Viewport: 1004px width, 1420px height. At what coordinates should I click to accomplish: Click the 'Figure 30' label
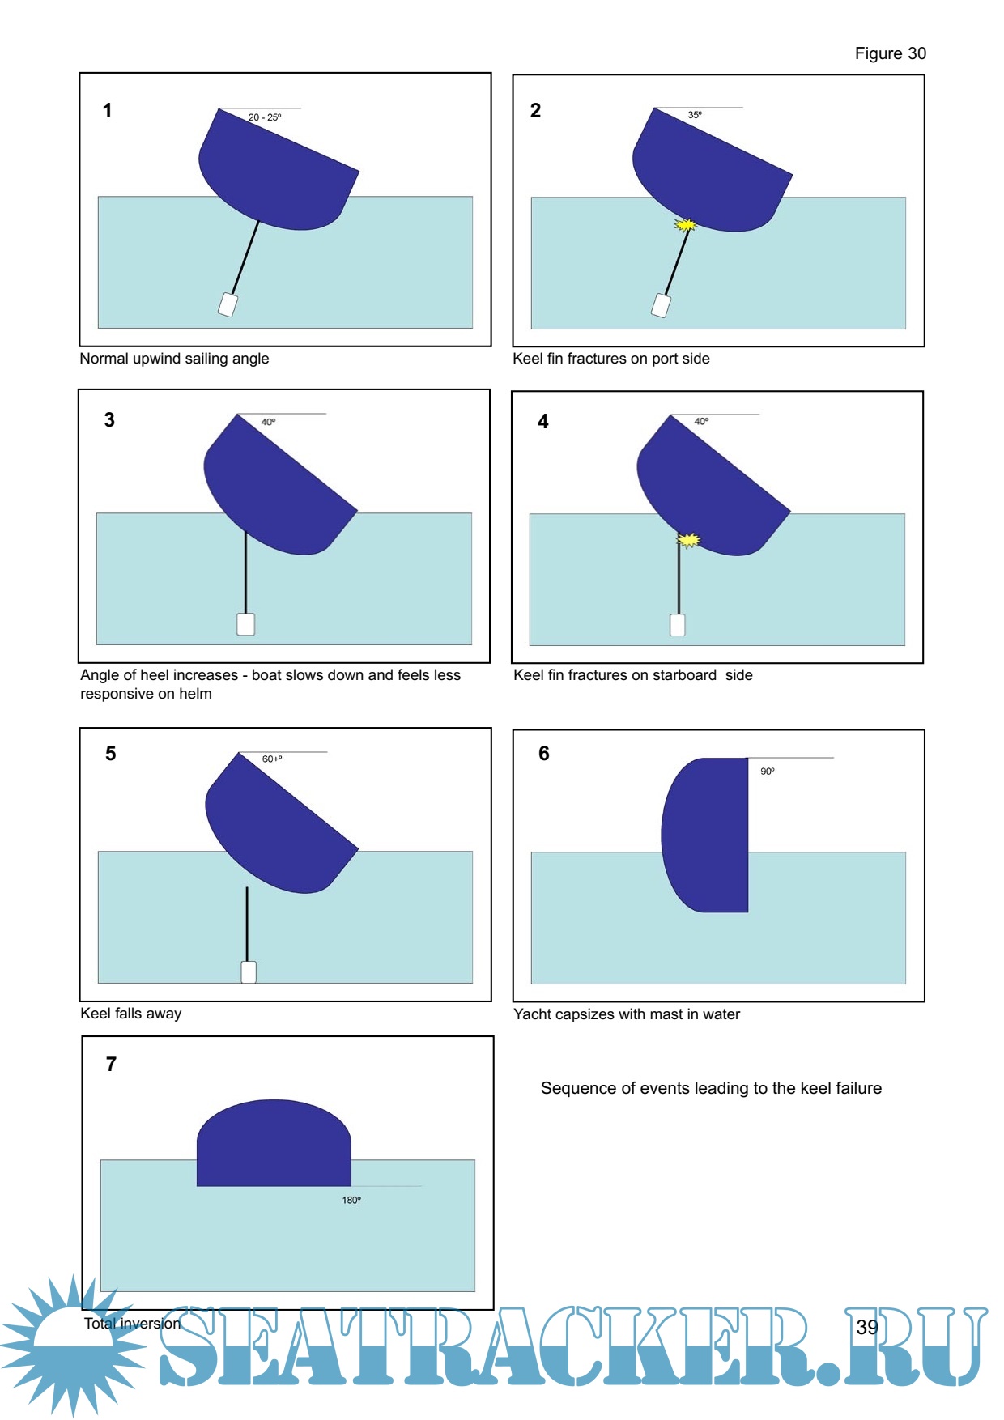(x=890, y=53)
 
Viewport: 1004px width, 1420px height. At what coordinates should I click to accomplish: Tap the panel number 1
(x=107, y=111)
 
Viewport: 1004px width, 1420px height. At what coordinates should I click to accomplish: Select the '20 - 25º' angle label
(x=265, y=117)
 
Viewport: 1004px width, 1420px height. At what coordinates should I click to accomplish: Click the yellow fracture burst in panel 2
(x=686, y=225)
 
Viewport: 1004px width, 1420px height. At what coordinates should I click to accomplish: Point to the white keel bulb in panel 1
(x=228, y=304)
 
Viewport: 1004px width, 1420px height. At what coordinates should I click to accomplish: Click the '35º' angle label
(x=695, y=115)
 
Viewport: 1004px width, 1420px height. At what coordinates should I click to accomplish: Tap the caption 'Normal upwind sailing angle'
(x=174, y=359)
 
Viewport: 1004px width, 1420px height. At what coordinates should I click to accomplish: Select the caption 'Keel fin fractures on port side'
(x=611, y=359)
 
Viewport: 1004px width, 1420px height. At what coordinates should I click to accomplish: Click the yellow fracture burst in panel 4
(x=688, y=540)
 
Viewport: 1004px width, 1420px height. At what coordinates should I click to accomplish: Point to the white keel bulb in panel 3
(x=245, y=624)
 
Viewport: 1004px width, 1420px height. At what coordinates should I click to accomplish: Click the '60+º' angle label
(x=272, y=759)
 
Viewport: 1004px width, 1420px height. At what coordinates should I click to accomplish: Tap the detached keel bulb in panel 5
(x=249, y=971)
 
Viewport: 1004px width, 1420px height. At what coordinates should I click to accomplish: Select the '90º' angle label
(x=768, y=772)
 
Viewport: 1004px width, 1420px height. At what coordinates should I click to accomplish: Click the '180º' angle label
(x=351, y=1200)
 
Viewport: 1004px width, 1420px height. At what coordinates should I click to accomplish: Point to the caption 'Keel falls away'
(x=131, y=1014)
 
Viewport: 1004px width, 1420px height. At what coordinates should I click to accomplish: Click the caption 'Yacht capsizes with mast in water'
(x=627, y=1014)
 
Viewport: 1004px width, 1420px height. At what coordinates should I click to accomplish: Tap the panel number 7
(x=112, y=1064)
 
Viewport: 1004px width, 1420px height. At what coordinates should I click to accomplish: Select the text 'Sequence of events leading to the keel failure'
(x=711, y=1088)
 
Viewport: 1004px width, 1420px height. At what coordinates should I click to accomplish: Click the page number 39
(x=867, y=1327)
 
